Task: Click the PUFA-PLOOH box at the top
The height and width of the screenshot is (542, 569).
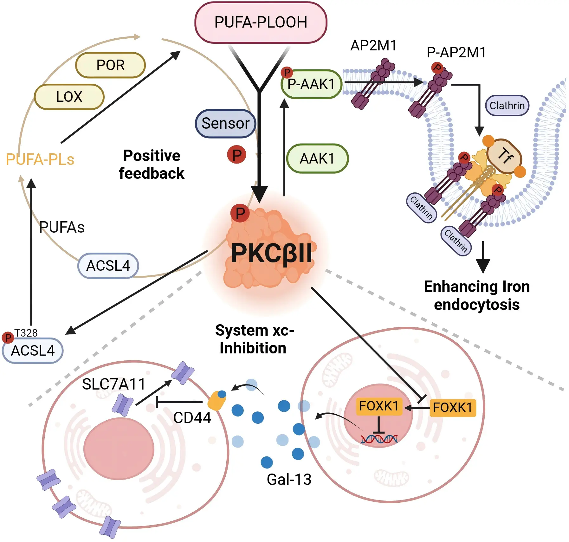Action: (x=261, y=22)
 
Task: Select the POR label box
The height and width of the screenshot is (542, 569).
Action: (x=110, y=65)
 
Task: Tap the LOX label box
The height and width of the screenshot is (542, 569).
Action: (x=69, y=97)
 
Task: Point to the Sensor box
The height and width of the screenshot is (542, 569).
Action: (x=225, y=123)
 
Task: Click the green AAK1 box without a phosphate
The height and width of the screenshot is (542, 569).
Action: (x=317, y=158)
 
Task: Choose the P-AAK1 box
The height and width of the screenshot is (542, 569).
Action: (x=311, y=84)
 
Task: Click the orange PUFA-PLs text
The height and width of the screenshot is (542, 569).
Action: (x=40, y=159)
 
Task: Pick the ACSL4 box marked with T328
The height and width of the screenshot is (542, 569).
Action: (x=33, y=351)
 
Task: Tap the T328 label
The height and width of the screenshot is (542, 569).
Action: (x=26, y=333)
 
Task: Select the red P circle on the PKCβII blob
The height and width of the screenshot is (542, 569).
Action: (x=240, y=213)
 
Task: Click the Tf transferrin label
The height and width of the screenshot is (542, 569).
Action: (x=505, y=156)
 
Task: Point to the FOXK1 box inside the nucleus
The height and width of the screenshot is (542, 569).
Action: (x=379, y=406)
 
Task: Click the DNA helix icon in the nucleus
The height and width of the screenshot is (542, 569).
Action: (x=379, y=439)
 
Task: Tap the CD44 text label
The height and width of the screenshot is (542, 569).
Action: (x=192, y=418)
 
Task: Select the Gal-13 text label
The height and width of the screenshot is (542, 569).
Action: (x=289, y=479)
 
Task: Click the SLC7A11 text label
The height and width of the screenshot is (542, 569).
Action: (x=113, y=384)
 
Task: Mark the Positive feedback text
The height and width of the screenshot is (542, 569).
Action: (x=152, y=165)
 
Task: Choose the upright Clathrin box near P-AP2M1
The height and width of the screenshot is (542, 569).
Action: (x=507, y=106)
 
